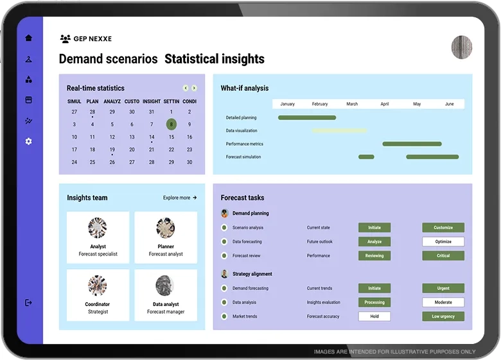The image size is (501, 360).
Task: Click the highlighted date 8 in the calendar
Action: tap(171, 124)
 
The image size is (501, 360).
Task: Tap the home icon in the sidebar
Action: tap(28, 38)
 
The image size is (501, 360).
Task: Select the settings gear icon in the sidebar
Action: tap(28, 141)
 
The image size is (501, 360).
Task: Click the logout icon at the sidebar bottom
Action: tap(28, 302)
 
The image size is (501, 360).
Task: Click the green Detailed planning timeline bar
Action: tap(306, 117)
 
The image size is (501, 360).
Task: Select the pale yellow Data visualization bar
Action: tap(340, 130)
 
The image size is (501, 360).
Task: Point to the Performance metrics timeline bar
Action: tap(412, 144)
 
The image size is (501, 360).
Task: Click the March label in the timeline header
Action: tap(352, 104)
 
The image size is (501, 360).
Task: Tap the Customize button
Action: tap(443, 227)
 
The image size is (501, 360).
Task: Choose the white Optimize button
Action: tap(443, 241)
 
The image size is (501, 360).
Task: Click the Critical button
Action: tap(443, 255)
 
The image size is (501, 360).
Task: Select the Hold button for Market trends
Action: tap(374, 316)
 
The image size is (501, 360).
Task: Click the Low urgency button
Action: tap(443, 316)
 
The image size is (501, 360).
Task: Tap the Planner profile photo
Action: tap(166, 228)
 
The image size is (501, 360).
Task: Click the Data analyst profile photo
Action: tap(166, 286)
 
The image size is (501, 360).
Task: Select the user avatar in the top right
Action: tap(462, 47)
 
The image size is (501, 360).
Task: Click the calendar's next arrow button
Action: tap(194, 88)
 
